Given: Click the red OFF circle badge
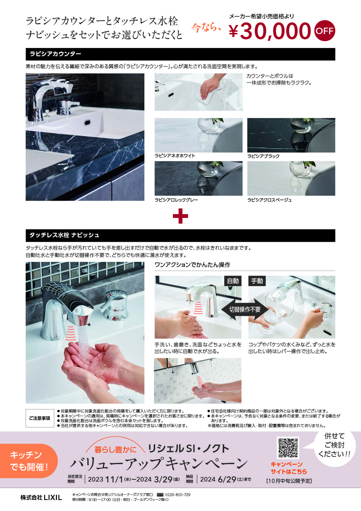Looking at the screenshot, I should pyautogui.click(x=325, y=31).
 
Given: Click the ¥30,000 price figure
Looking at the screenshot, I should pyautogui.click(x=270, y=31).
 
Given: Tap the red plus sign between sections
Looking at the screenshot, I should pyautogui.click(x=180, y=216).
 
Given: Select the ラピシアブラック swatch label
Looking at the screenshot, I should pyautogui.click(x=263, y=156).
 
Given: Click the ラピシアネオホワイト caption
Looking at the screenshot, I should pyautogui.click(x=175, y=156).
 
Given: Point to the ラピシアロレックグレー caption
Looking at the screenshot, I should pyautogui.click(x=176, y=200).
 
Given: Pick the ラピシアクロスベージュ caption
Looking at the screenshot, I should pyautogui.click(x=269, y=200).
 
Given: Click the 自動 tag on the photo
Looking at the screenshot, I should pyautogui.click(x=233, y=281).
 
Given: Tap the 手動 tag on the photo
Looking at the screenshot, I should pyautogui.click(x=257, y=281).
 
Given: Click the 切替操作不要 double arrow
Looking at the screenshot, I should pyautogui.click(x=245, y=309).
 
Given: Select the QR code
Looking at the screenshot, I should pyautogui.click(x=288, y=448).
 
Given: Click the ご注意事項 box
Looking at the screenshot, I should pyautogui.click(x=40, y=418).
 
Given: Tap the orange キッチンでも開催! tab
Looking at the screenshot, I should pyautogui.click(x=29, y=461).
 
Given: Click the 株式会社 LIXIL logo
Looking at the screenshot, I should pyautogui.click(x=41, y=498).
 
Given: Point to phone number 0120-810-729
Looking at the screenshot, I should pyautogui.click(x=178, y=495).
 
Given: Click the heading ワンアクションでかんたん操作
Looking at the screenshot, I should pyautogui.click(x=192, y=265).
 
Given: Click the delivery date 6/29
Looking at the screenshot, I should pyautogui.click(x=227, y=479).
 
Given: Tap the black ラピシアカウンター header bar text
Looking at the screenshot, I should pyautogui.click(x=55, y=54).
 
